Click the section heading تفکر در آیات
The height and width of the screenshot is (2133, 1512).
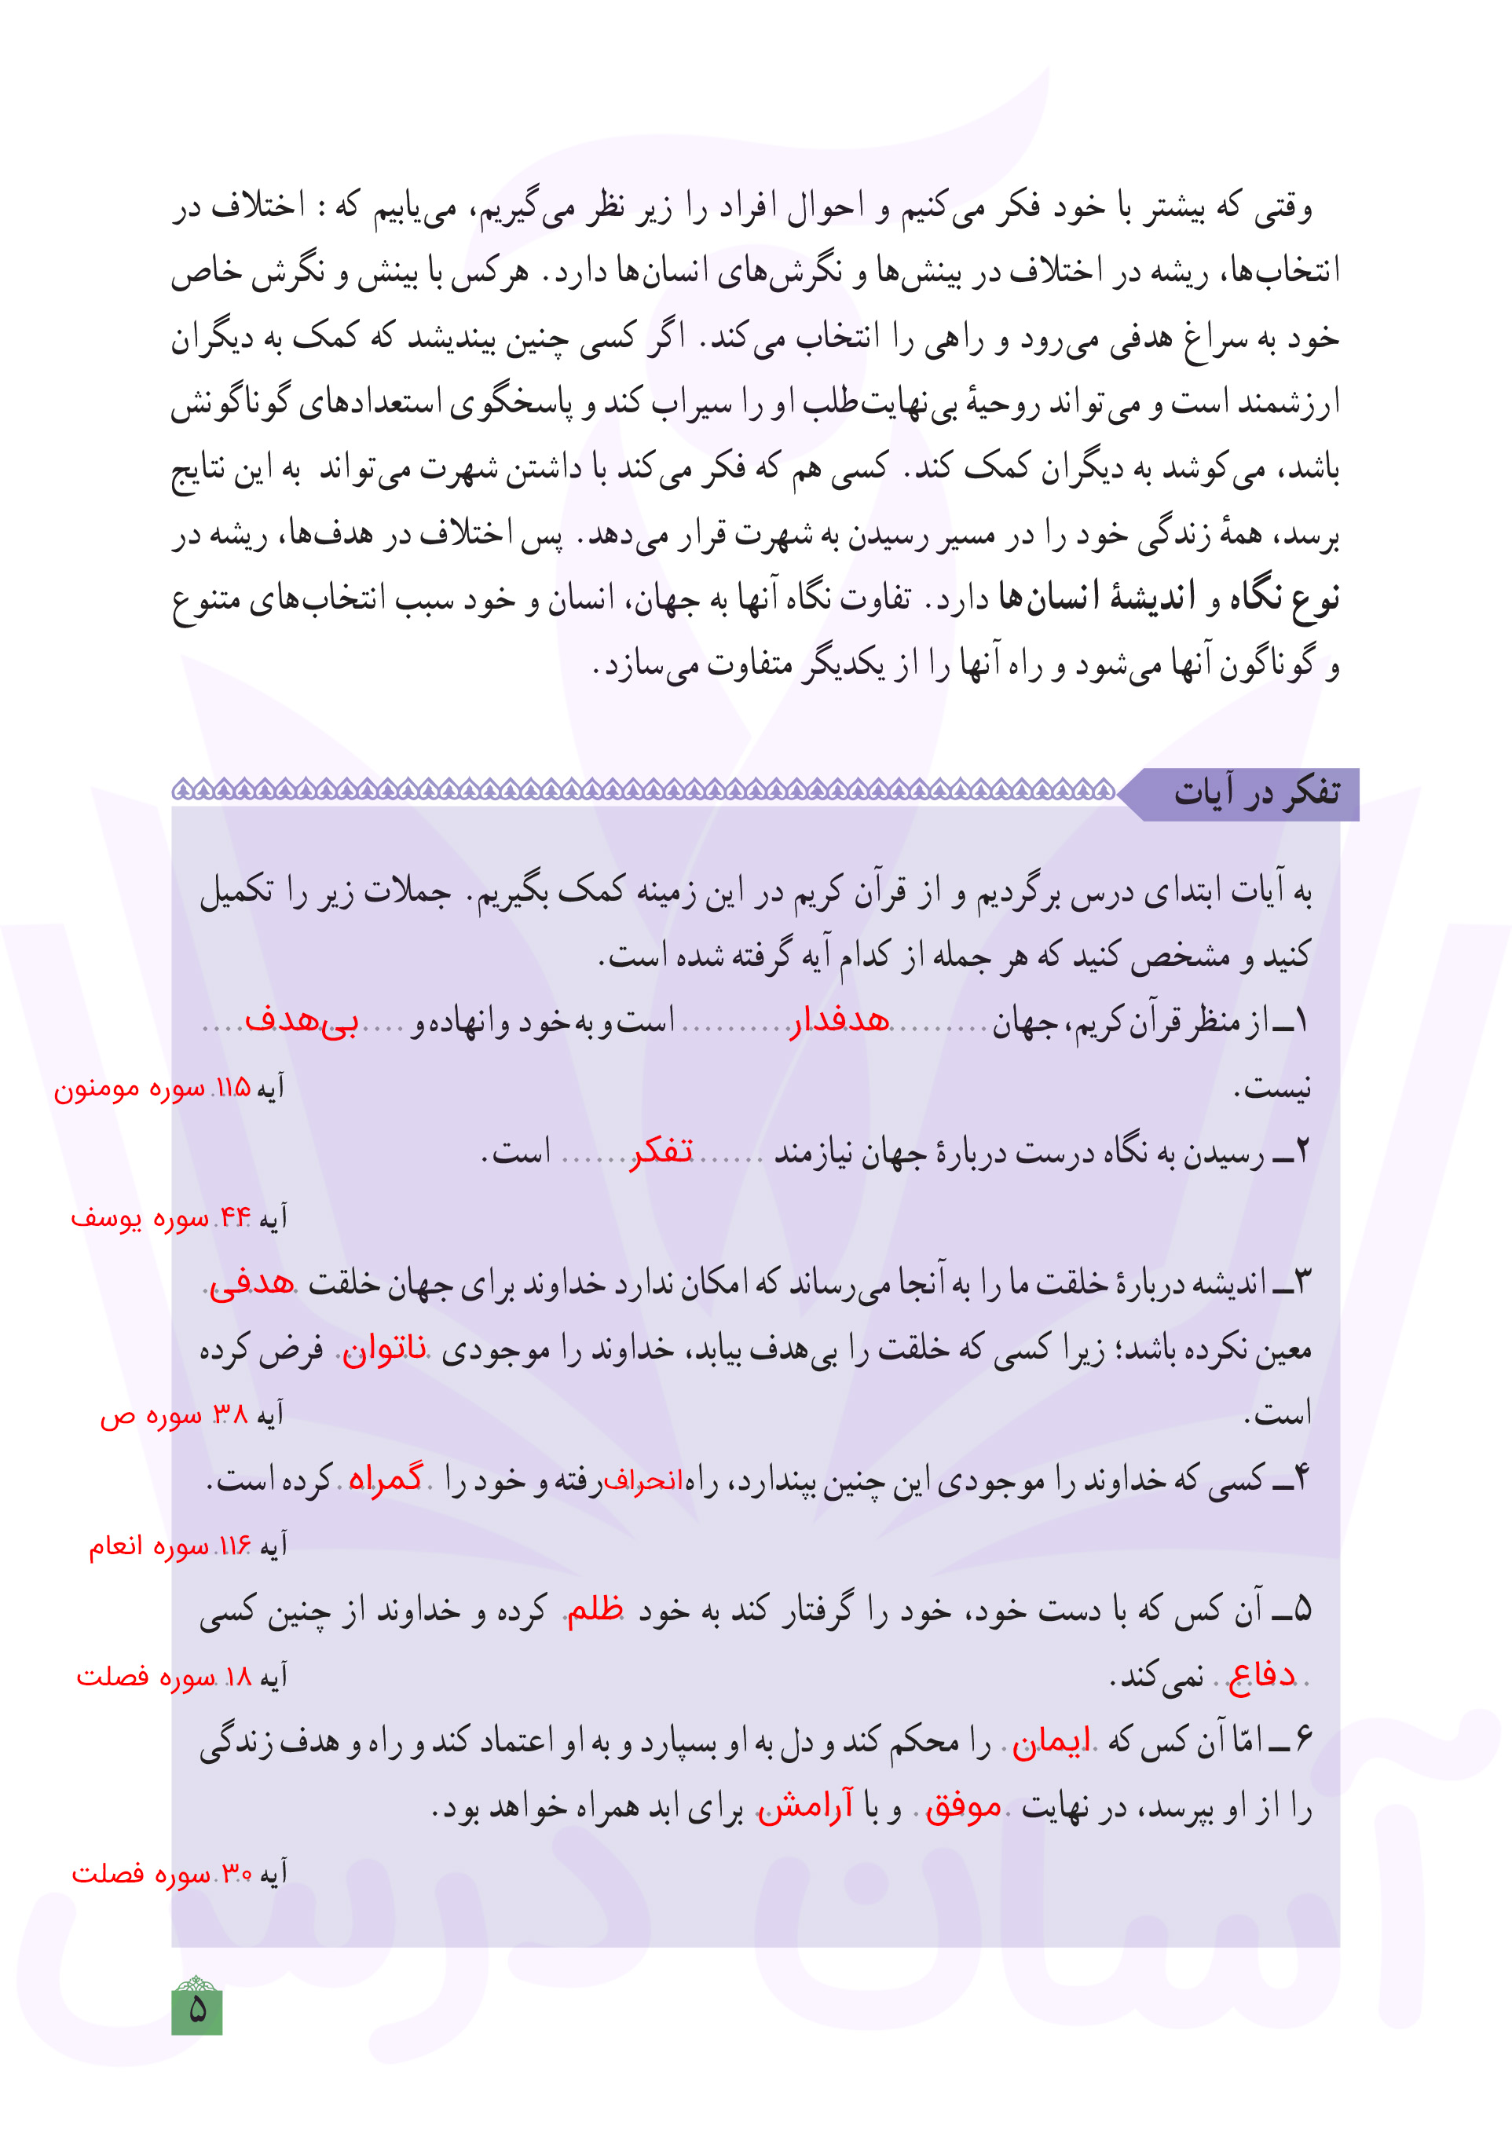coord(1256,793)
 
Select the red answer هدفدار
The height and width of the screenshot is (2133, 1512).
coord(840,1022)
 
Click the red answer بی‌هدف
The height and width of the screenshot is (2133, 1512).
coord(302,1021)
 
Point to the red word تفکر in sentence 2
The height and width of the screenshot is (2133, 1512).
coord(662,1152)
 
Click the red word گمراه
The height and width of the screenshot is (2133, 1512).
coord(386,1479)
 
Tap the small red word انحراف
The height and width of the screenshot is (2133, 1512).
coord(643,1480)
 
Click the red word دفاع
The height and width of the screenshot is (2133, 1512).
coord(1261,1675)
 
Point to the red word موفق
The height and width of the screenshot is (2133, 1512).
coord(963,1807)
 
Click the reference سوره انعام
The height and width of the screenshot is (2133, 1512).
coord(149,1546)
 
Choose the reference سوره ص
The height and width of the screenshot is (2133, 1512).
coord(150,1415)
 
